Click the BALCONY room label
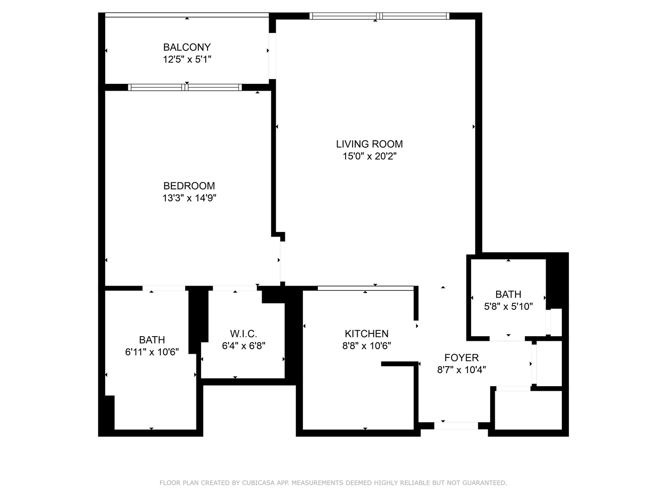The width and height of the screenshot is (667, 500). pos(187,47)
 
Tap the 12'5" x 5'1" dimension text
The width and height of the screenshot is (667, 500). pos(187,59)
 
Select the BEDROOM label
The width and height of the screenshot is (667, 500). pos(189,186)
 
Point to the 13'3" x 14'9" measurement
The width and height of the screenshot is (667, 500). pos(189,198)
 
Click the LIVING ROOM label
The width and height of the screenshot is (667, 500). pos(369,144)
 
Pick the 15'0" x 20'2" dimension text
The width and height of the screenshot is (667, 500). pos(369,156)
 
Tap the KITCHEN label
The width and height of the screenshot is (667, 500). pos(366,334)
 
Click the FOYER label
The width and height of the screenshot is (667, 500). pos(461,358)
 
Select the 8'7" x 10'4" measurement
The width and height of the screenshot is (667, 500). pos(461,370)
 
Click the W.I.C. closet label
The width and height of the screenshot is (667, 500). pos(243,334)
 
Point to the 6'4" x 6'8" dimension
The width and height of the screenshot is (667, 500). pos(243,346)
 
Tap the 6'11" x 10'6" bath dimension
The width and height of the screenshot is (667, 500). pos(152,352)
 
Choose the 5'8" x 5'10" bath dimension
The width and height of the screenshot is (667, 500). pos(508,306)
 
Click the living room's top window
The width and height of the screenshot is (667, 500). pos(379,16)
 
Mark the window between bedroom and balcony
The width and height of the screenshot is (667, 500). pos(185,87)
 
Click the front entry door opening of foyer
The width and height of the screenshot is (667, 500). pos(456,425)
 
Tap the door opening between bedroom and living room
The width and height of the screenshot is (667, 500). pos(281,261)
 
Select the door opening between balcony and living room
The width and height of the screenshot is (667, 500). pos(272,56)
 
